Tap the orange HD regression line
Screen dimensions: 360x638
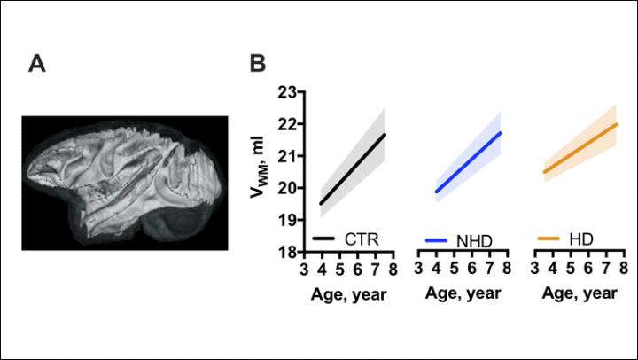[x=580, y=148]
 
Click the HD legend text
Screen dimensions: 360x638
[x=581, y=239]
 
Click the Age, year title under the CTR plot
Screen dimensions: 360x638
[x=347, y=293]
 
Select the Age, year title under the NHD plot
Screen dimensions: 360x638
[x=462, y=293]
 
